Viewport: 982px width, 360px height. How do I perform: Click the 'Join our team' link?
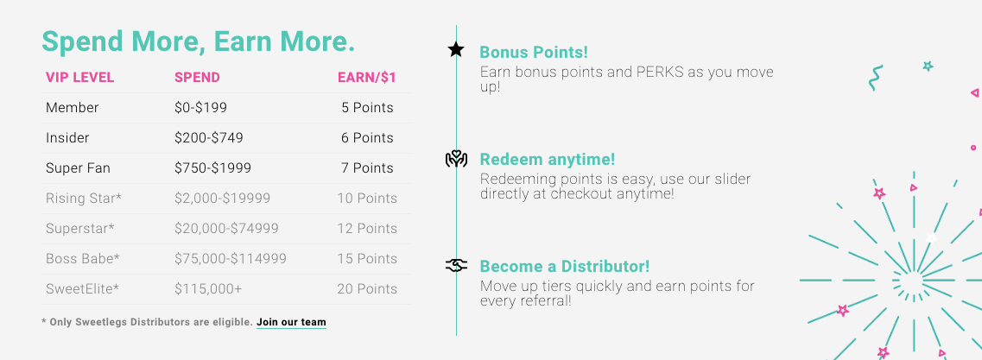point(291,322)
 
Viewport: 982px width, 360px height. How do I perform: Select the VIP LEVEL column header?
point(79,78)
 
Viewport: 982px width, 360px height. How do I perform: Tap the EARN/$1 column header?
point(367,78)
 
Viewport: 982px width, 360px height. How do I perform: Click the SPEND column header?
point(197,78)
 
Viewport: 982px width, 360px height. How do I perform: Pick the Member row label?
point(72,108)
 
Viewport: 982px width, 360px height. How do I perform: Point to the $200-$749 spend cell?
point(208,138)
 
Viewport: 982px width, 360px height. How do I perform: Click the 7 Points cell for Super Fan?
point(367,167)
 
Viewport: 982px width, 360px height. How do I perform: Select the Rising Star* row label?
point(84,199)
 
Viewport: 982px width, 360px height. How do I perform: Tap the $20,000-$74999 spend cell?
point(226,229)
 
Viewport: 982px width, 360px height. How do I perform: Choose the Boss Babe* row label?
point(83,259)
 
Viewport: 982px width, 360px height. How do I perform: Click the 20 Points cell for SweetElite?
point(367,288)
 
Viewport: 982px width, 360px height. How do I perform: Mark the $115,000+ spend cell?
point(208,288)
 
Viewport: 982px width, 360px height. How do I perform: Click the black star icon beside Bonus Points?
point(456,49)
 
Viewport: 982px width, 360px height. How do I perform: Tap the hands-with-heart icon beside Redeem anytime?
point(456,160)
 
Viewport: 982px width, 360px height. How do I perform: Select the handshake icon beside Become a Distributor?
point(456,266)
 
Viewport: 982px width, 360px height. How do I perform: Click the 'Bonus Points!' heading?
point(534,52)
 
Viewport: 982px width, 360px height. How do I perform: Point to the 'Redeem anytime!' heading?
point(548,160)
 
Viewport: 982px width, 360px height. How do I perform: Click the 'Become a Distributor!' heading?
point(564,266)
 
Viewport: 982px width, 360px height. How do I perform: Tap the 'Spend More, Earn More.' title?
point(198,41)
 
